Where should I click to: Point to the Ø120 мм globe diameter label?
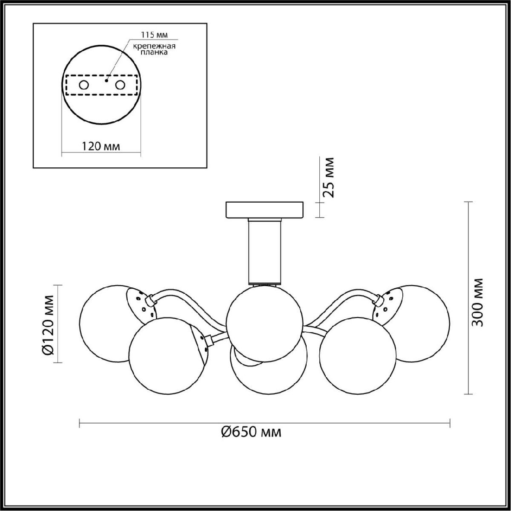click(49, 324)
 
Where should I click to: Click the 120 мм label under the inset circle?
click(101, 146)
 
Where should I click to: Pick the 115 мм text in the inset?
click(154, 35)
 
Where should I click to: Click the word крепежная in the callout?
click(154, 46)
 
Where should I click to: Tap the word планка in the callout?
click(154, 52)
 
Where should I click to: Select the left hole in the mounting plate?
click(84, 85)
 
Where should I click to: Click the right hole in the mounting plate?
click(120, 85)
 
